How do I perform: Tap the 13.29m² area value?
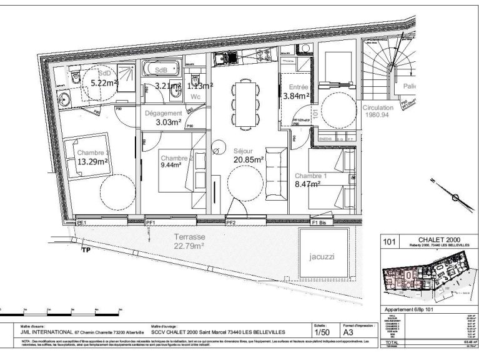pos(92,162)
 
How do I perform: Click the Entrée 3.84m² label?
pos(297,91)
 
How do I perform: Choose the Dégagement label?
pos(164,114)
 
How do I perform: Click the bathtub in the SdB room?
pos(161,69)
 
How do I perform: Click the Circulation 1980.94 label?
pos(378,111)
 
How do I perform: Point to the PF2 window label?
pos(231,222)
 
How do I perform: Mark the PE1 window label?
pos(81,222)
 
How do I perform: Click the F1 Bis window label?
pos(320,222)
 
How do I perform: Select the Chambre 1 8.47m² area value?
pos(308,184)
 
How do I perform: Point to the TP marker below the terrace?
pos(86,251)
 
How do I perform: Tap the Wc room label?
pos(195,97)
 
